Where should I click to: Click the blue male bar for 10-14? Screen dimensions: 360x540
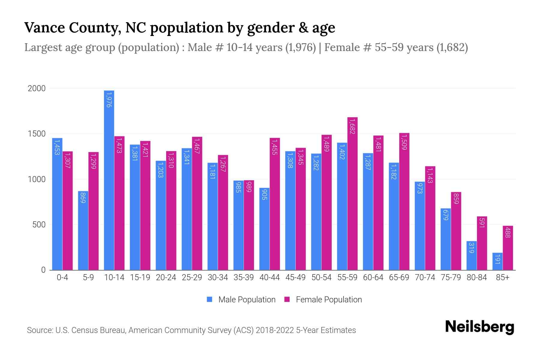coord(109,180)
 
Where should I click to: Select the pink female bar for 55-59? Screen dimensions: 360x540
coord(352,193)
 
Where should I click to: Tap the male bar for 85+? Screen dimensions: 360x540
coord(497,261)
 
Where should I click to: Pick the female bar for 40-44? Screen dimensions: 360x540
coord(275,204)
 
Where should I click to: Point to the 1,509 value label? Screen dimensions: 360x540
coord(404,142)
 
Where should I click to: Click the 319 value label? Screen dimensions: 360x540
coord(471,248)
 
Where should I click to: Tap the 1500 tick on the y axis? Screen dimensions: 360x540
coord(37,134)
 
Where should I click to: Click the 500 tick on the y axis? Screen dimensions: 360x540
coord(39,225)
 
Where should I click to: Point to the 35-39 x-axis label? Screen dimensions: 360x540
coord(244,277)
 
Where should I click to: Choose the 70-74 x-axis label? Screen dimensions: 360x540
coord(425,277)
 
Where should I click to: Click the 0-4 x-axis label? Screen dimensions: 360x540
coord(62,277)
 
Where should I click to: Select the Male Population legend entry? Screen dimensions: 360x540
coord(247,300)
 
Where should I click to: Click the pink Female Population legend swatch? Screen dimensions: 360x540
coord(287,299)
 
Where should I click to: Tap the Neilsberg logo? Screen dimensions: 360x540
coord(479,327)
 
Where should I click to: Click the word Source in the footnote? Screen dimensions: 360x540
coord(39,330)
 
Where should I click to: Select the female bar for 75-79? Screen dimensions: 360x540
coord(456,231)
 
